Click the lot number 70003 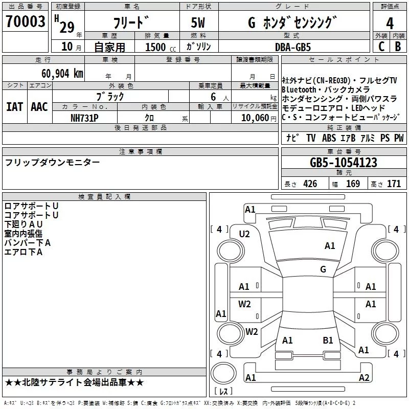coord(25,22)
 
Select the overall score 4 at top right coord(390,23)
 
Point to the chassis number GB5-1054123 coord(344,163)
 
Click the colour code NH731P coord(85,117)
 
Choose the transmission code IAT coord(14,107)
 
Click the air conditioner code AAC coord(39,107)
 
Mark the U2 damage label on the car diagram coord(244,234)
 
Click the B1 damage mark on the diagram coord(328,340)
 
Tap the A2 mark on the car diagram coord(363,378)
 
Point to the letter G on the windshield coord(323,269)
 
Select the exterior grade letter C coord(381,46)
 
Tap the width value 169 coord(353,184)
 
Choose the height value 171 coord(394,184)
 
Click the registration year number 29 coord(66,27)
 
